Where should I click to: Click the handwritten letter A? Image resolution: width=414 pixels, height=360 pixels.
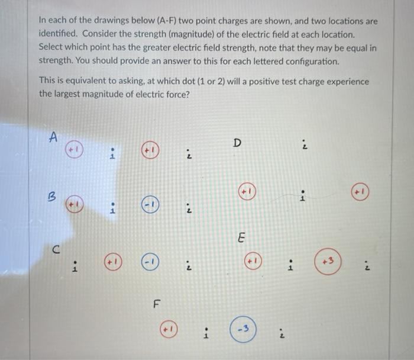click(x=53, y=137)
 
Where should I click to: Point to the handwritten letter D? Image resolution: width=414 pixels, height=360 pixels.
click(x=237, y=143)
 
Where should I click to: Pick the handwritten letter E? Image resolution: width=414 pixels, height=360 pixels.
click(x=240, y=238)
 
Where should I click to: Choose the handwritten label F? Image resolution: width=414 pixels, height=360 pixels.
click(x=157, y=305)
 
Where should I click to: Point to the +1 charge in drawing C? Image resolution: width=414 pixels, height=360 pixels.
click(x=114, y=261)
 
